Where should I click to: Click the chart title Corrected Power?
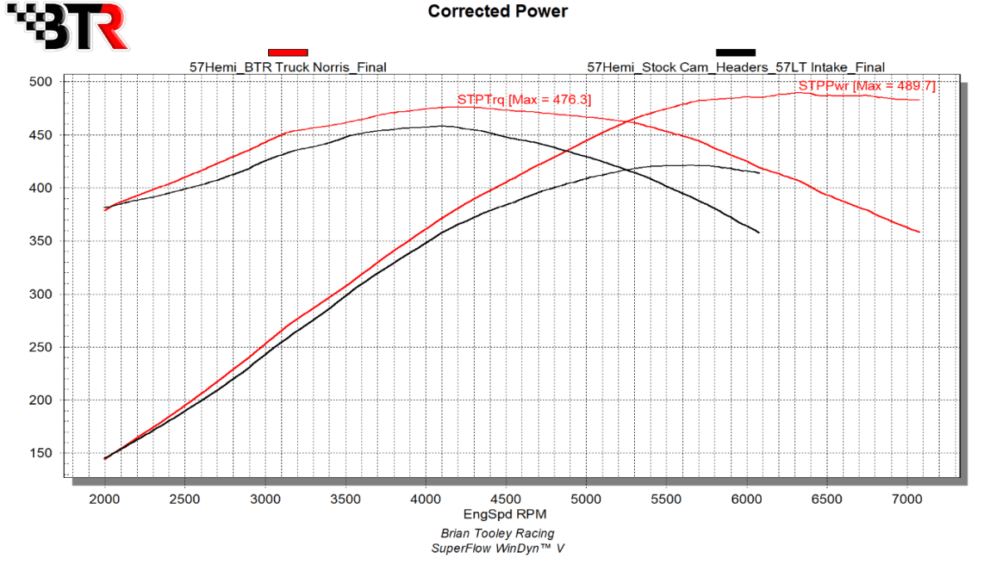[x=497, y=12]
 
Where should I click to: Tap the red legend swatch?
[x=288, y=52]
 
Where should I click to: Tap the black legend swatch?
[x=735, y=52]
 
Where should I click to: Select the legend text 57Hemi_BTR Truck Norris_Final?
[x=288, y=67]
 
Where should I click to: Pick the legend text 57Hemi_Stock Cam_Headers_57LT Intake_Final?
[x=735, y=67]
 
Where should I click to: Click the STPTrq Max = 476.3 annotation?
[x=524, y=100]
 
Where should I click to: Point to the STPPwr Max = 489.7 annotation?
[x=867, y=85]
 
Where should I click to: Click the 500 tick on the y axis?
[x=41, y=82]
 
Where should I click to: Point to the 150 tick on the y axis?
[x=41, y=454]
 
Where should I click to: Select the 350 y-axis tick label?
[x=41, y=241]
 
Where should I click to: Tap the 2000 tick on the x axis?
[x=105, y=499]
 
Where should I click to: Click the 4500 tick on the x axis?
[x=505, y=499]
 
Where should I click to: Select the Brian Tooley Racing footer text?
[x=497, y=533]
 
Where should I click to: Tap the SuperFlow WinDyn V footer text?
[x=497, y=548]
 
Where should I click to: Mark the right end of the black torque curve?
[x=759, y=232]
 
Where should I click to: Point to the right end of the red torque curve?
[x=920, y=231]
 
